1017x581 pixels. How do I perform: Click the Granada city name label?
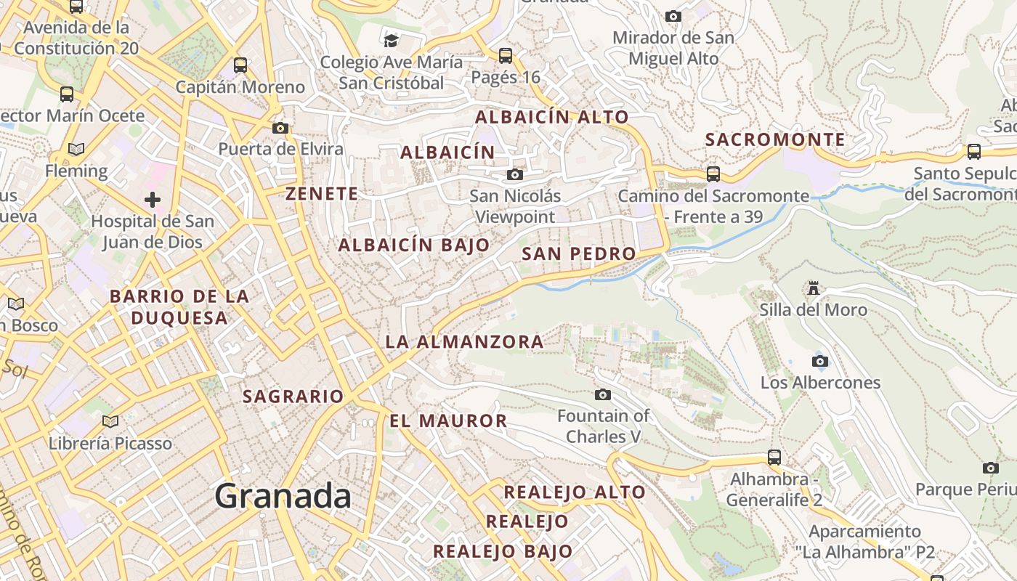click(x=283, y=496)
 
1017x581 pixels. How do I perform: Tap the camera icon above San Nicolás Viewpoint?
click(x=515, y=174)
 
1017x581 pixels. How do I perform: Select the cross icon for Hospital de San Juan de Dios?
click(x=153, y=199)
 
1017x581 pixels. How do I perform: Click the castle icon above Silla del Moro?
click(x=814, y=288)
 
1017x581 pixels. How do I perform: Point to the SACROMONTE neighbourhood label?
click(x=776, y=139)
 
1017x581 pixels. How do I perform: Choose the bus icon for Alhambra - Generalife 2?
click(x=774, y=457)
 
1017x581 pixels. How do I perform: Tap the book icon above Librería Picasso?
click(x=110, y=421)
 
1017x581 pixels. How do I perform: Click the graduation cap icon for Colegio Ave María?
click(x=392, y=40)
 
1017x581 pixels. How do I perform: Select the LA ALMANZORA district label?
click(x=464, y=341)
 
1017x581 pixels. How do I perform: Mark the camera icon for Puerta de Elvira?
click(x=280, y=128)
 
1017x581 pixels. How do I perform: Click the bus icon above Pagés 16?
click(x=506, y=55)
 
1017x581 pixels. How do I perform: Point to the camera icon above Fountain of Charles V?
click(x=603, y=394)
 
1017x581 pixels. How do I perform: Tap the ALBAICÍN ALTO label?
click(x=551, y=117)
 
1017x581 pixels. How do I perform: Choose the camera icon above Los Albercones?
click(x=820, y=361)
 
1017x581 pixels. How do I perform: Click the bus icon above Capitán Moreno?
click(x=240, y=65)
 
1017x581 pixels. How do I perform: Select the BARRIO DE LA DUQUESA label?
click(x=179, y=306)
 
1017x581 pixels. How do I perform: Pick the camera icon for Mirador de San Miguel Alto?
click(x=673, y=16)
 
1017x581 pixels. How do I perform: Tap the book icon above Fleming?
click(x=76, y=150)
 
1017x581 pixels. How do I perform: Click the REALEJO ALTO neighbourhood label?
click(x=575, y=492)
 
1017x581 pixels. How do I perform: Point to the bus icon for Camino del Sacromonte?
click(x=713, y=174)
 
